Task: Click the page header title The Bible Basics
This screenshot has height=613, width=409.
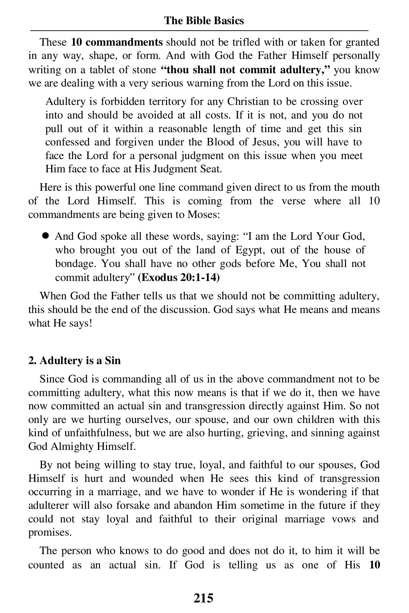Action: pos(204,21)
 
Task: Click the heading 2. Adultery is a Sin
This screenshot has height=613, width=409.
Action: pos(74,360)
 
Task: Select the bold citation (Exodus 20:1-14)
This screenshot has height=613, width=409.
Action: pos(179,278)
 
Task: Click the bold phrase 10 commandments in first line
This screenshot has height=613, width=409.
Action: pos(117,43)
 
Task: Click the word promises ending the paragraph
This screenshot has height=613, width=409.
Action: pos(49,533)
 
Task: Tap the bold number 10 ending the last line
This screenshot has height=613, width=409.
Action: pos(374,565)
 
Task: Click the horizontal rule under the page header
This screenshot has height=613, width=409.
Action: pos(199,31)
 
